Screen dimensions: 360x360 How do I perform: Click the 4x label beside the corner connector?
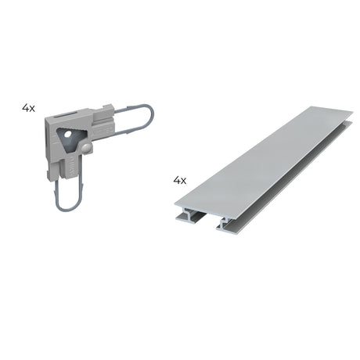[28, 108]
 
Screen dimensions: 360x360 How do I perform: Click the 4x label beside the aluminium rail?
[180, 180]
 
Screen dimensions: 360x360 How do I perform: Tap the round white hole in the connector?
[67, 135]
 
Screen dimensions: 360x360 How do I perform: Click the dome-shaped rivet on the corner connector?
[86, 148]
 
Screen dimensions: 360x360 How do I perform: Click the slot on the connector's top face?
[65, 115]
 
